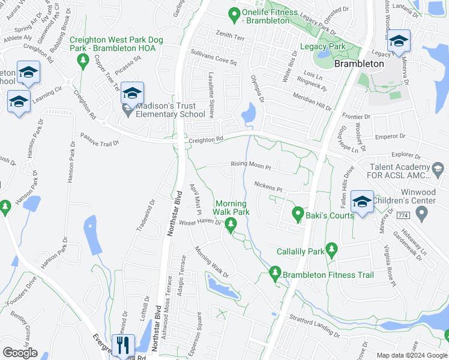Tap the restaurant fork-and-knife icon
coord(123,345)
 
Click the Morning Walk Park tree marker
coord(231,226)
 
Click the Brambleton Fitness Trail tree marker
coord(276,274)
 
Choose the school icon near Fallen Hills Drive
coord(362,202)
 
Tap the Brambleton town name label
coord(359,63)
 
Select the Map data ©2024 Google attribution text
coord(411,355)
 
